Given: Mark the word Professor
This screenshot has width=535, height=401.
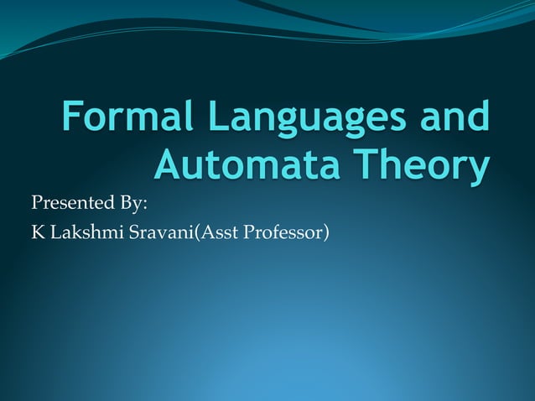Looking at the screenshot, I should [x=282, y=232].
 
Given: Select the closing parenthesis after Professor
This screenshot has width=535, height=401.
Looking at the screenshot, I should [x=325, y=232].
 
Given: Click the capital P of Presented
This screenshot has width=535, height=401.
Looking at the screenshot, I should [x=36, y=204].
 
